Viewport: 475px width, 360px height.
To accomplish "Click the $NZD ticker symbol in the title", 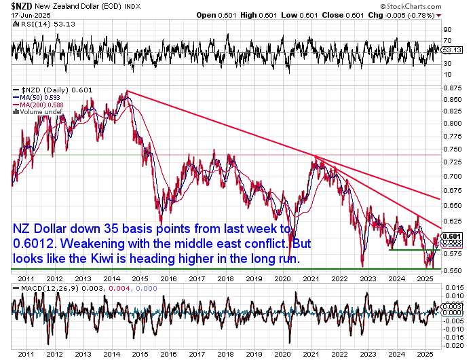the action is [22, 5].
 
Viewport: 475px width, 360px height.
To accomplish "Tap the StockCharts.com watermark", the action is [411, 6].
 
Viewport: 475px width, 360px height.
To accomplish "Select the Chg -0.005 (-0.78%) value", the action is [404, 15].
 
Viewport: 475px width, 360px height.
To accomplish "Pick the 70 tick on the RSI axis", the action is [447, 40].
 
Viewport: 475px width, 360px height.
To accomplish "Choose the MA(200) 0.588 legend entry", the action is [39, 105].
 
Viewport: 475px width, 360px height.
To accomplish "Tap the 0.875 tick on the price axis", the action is [453, 88].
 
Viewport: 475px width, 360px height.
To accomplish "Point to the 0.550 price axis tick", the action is [453, 270].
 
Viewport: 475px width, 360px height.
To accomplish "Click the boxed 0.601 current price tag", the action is [452, 236].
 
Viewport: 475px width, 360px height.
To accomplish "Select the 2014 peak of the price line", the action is [128, 91].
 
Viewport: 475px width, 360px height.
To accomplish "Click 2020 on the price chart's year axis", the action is [282, 278].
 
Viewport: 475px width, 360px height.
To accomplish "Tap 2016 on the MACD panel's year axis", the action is [168, 354].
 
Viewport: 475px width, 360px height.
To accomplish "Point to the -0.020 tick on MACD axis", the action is [453, 346].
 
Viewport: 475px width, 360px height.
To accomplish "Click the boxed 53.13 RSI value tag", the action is [452, 50].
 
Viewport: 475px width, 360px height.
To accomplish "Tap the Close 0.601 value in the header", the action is [343, 15].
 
